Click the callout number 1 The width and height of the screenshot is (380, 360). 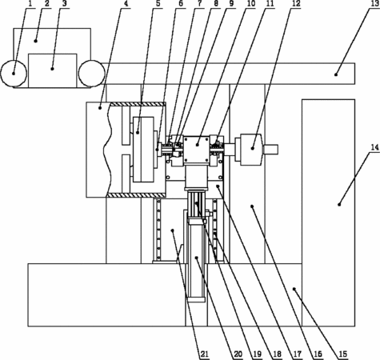[30, 4]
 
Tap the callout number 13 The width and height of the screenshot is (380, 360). [374, 4]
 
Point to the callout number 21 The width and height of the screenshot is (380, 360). [204, 354]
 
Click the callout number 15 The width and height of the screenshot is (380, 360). [343, 354]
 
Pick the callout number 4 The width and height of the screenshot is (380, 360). [126, 4]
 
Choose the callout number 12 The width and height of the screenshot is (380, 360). [296, 4]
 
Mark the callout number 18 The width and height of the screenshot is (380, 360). [277, 354]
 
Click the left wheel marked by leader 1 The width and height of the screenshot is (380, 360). [14, 74]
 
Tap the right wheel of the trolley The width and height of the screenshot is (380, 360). [91, 74]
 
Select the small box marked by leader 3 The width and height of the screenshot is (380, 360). [53, 70]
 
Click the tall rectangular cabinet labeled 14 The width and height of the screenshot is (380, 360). [328, 213]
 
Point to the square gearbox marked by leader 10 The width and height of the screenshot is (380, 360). [196, 150]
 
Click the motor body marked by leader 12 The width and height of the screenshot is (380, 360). [251, 150]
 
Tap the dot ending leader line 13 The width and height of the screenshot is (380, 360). [336, 75]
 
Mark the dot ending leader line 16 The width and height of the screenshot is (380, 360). [252, 206]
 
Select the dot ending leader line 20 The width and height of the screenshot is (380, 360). [197, 258]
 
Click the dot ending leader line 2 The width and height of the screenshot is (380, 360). [35, 41]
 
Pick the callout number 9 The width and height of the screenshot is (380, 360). [231, 4]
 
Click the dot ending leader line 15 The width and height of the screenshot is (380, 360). [294, 289]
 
